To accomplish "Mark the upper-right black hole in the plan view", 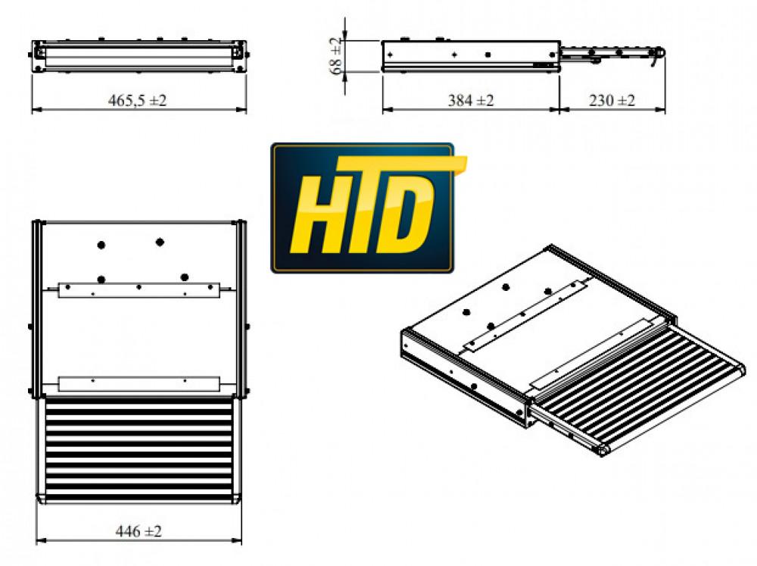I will (160, 242).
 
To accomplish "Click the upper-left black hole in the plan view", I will (100, 245).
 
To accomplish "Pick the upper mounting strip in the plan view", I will (139, 289).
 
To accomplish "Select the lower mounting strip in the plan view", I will (138, 383).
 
